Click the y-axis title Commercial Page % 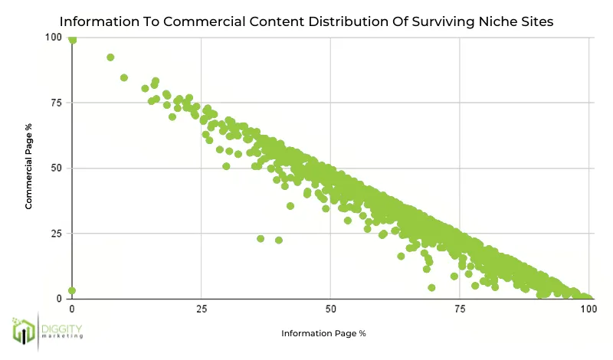click(x=28, y=168)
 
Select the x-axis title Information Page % click(x=323, y=333)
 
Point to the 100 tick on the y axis click(x=54, y=38)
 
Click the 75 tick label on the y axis click(x=57, y=103)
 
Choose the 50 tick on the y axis click(x=57, y=168)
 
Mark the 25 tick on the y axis click(x=57, y=233)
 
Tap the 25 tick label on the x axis click(x=201, y=309)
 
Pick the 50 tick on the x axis click(x=330, y=309)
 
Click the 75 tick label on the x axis click(x=460, y=309)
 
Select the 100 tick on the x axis click(x=588, y=309)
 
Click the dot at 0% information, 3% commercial click(x=72, y=290)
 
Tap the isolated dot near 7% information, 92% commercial click(x=110, y=57)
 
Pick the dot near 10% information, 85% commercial click(x=124, y=77)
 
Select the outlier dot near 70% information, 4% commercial click(x=431, y=287)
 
